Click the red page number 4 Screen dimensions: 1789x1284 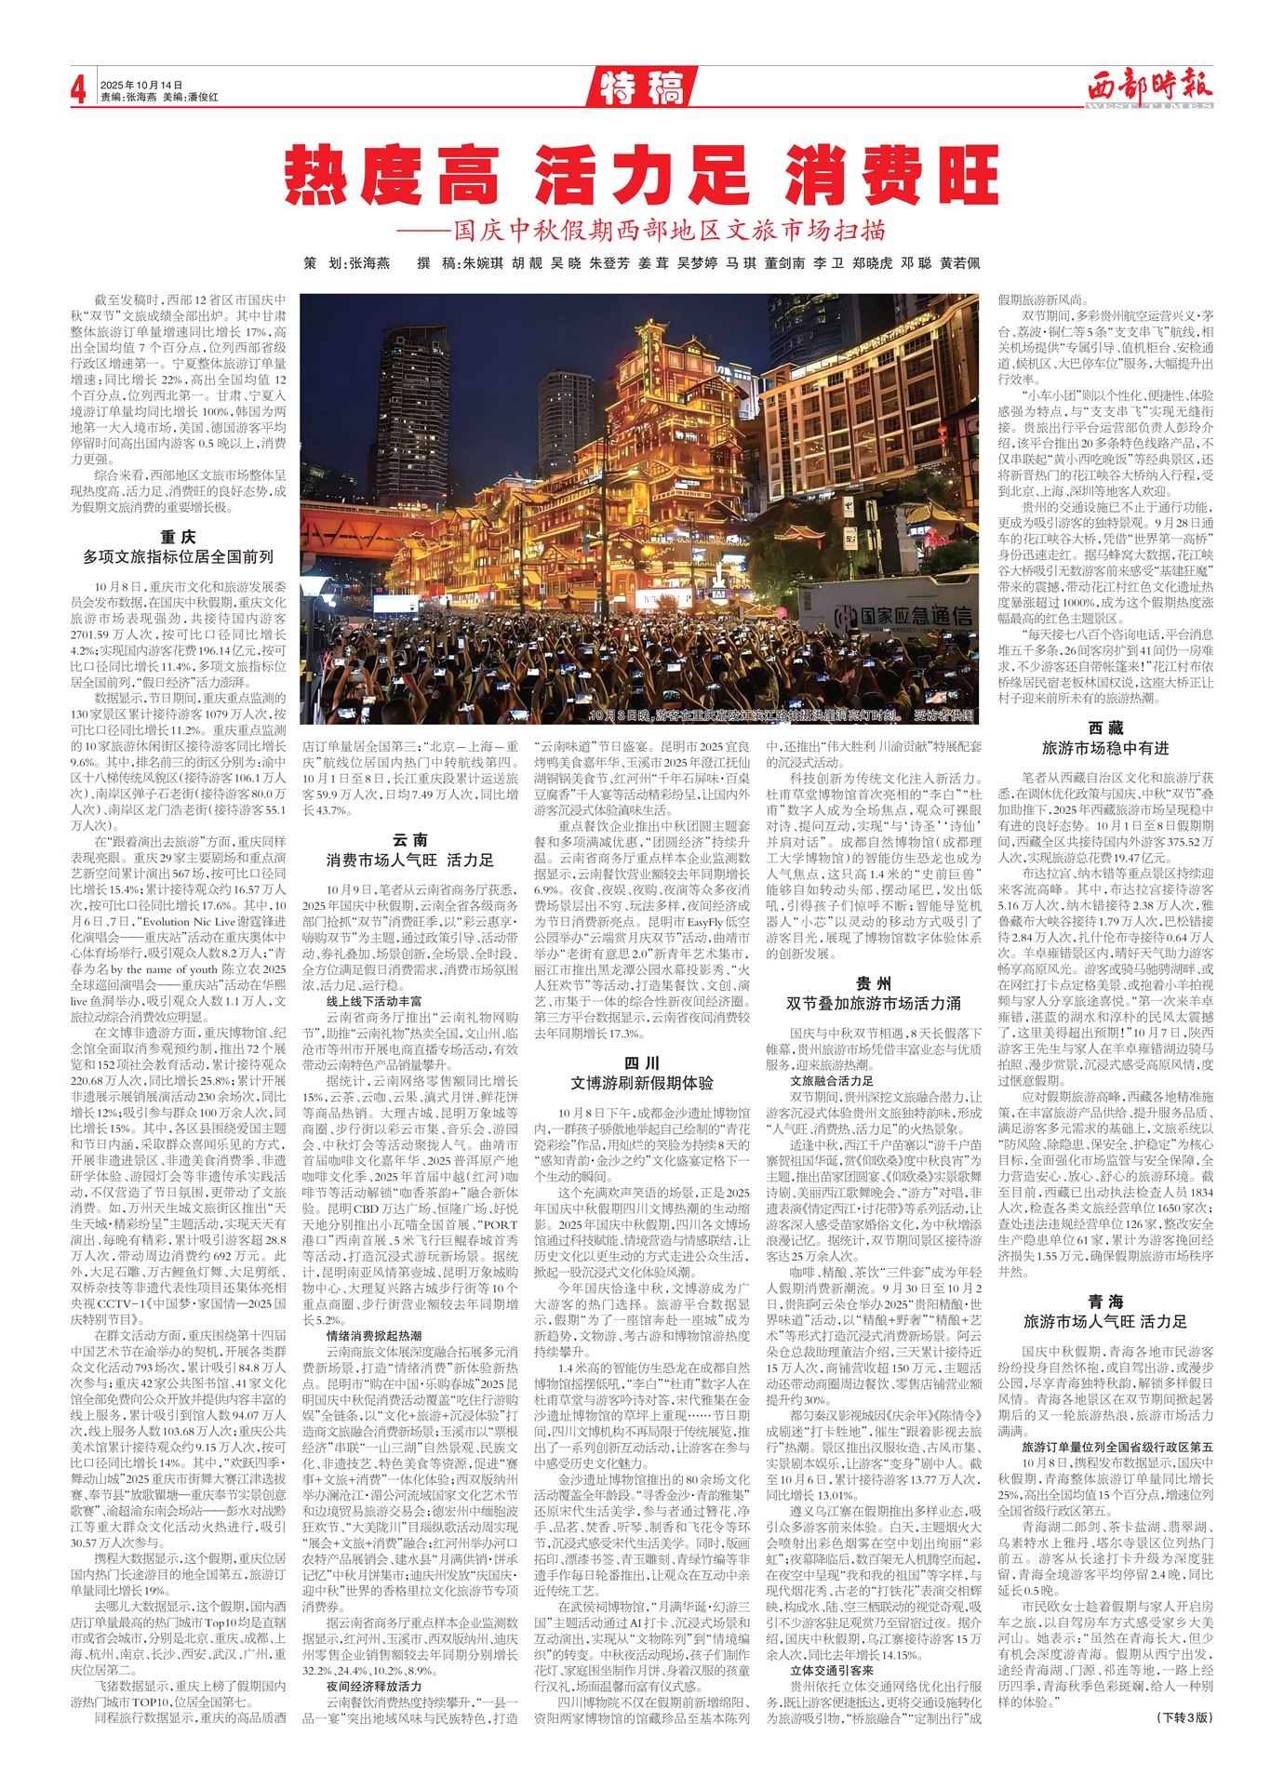79,90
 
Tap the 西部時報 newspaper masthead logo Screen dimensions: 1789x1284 1150,89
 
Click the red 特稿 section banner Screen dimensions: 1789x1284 641,88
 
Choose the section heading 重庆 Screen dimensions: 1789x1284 178,537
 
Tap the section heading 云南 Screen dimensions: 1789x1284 409,840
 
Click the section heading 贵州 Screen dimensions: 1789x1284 873,983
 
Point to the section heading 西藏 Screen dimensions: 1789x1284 1105,728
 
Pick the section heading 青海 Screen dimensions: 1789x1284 1105,1302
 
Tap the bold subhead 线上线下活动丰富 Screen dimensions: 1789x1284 373,1001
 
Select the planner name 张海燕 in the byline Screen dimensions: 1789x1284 369,264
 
